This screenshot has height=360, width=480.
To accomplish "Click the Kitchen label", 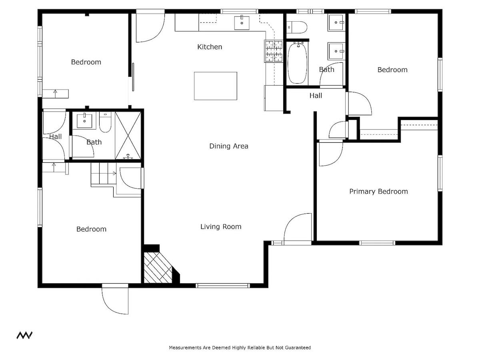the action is pyautogui.click(x=210, y=47).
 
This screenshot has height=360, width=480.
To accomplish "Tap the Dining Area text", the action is pyautogui.click(x=229, y=146).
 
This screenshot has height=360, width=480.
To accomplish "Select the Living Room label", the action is pyautogui.click(x=221, y=227).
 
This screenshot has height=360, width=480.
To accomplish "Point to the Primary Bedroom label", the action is pyautogui.click(x=378, y=192).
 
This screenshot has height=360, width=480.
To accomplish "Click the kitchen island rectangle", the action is pyautogui.click(x=215, y=86).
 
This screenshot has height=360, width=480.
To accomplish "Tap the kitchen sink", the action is pyautogui.click(x=242, y=23).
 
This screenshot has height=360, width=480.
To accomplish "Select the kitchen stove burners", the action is pyautogui.click(x=274, y=51).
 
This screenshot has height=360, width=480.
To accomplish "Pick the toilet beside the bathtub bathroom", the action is pyautogui.click(x=297, y=27).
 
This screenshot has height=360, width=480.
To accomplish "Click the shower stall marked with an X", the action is pyautogui.click(x=128, y=135).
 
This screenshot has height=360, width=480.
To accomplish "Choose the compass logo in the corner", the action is pyautogui.click(x=24, y=335).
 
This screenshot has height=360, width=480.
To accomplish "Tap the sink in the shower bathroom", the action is pyautogui.click(x=84, y=121).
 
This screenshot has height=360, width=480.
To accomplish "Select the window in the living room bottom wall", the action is pyautogui.click(x=223, y=286).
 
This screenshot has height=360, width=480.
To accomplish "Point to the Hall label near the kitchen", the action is pyautogui.click(x=316, y=96).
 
